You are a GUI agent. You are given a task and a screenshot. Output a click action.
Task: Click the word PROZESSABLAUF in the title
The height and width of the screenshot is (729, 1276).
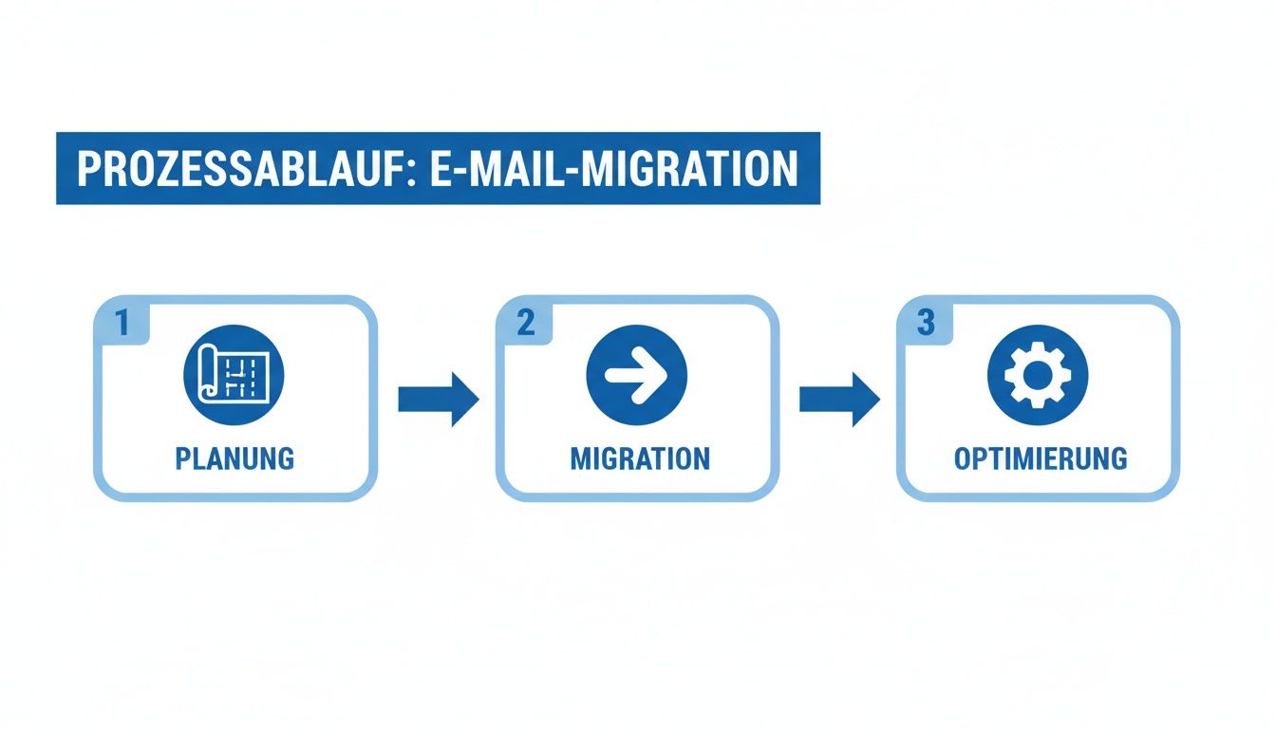click(x=239, y=169)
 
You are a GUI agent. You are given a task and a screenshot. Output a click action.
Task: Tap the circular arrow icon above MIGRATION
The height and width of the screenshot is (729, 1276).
click(x=637, y=375)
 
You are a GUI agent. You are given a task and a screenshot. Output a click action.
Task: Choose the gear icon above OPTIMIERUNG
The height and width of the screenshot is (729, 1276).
click(x=1038, y=375)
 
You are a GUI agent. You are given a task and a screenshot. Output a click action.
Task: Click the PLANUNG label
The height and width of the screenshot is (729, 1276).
click(x=235, y=459)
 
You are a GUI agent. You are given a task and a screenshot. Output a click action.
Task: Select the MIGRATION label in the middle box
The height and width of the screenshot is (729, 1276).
click(x=639, y=459)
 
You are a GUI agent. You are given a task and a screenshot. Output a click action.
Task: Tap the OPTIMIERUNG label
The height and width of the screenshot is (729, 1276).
click(x=1041, y=459)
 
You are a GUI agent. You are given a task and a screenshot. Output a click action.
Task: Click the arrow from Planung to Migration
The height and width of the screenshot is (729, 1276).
click(x=438, y=400)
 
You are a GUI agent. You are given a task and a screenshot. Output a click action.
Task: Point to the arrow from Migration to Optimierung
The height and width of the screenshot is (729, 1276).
click(x=839, y=400)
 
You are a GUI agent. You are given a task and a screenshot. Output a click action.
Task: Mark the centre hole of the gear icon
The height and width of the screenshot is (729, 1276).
click(x=1038, y=375)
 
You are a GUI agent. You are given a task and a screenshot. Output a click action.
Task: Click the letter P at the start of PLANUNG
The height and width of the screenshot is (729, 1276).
click(x=183, y=459)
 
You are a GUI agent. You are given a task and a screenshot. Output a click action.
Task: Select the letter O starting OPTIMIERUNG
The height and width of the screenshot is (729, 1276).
click(x=962, y=459)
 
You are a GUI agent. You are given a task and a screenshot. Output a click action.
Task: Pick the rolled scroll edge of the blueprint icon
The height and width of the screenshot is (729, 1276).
click(x=205, y=375)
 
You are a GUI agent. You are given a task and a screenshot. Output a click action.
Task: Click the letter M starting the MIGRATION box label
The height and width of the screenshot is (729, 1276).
click(x=579, y=459)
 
